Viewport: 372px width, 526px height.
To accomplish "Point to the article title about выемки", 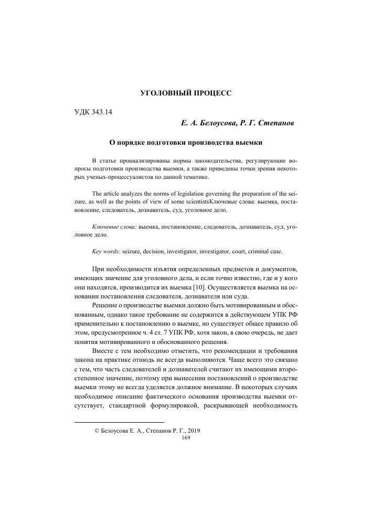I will (185, 142).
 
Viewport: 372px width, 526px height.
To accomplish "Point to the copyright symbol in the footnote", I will (96, 431).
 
